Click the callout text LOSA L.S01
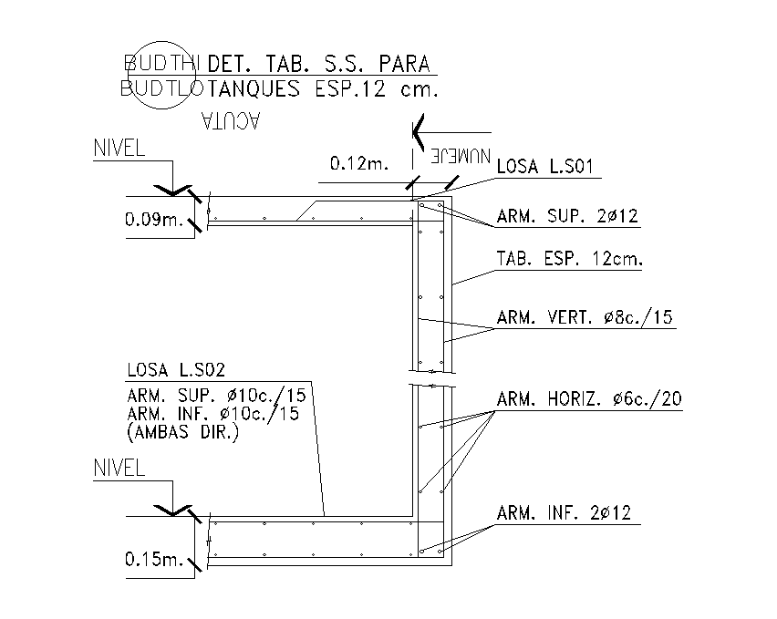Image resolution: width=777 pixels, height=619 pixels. pyautogui.click(x=544, y=167)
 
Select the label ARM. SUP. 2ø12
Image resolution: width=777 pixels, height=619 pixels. pyautogui.click(x=567, y=216)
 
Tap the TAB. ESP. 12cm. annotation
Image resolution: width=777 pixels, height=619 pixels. pyautogui.click(x=569, y=259)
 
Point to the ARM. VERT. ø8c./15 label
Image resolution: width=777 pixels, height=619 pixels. pyautogui.click(x=585, y=317)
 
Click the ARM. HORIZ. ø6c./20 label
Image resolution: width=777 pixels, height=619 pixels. pyautogui.click(x=589, y=398)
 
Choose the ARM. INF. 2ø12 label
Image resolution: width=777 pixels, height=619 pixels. pyautogui.click(x=564, y=513)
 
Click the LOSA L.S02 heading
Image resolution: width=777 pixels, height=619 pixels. pyautogui.click(x=176, y=370)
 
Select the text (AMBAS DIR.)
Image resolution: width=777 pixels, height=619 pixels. pyautogui.click(x=183, y=432)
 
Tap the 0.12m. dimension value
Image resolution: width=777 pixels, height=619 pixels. pyautogui.click(x=359, y=163)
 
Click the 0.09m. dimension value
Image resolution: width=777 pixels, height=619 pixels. pyautogui.click(x=154, y=219)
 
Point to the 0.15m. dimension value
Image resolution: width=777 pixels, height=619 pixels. pyautogui.click(x=154, y=560)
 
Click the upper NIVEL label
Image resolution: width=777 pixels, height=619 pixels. pyautogui.click(x=119, y=148)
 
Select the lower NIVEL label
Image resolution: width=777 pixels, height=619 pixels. pyautogui.click(x=119, y=468)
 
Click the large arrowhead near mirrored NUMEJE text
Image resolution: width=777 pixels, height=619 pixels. pyautogui.click(x=419, y=133)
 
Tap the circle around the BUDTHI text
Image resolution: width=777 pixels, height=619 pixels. pyautogui.click(x=161, y=76)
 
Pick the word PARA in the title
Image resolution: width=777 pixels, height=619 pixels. pyautogui.click(x=404, y=64)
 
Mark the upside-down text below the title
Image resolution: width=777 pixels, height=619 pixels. pyautogui.click(x=231, y=121)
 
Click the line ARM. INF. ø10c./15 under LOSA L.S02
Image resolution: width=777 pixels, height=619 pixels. pyautogui.click(x=213, y=414)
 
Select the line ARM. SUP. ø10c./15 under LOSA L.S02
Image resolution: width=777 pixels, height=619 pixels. pyautogui.click(x=216, y=395)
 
